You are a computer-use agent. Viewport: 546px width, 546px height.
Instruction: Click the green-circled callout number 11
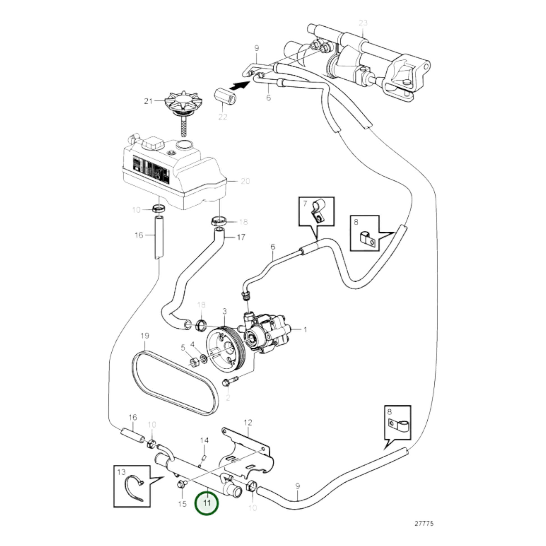tap(207, 503)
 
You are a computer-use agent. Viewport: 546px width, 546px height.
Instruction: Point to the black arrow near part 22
tap(239, 85)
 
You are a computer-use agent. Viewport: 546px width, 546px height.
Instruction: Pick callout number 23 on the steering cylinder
tap(363, 23)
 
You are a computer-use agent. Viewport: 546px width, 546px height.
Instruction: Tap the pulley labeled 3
tap(225, 350)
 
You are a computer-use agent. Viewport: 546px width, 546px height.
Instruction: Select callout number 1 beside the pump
tap(305, 329)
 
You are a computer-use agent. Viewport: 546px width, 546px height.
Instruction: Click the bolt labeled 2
tap(230, 381)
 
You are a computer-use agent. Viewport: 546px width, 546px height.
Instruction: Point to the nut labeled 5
tap(194, 362)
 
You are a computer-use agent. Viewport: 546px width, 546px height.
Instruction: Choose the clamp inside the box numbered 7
tap(318, 212)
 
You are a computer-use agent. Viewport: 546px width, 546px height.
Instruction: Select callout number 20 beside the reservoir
tap(245, 181)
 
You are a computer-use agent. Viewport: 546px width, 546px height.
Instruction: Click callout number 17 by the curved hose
tap(241, 237)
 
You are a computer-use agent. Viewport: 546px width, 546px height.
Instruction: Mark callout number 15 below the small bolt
tap(183, 504)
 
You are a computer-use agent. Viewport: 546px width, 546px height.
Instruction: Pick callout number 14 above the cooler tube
tap(204, 440)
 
